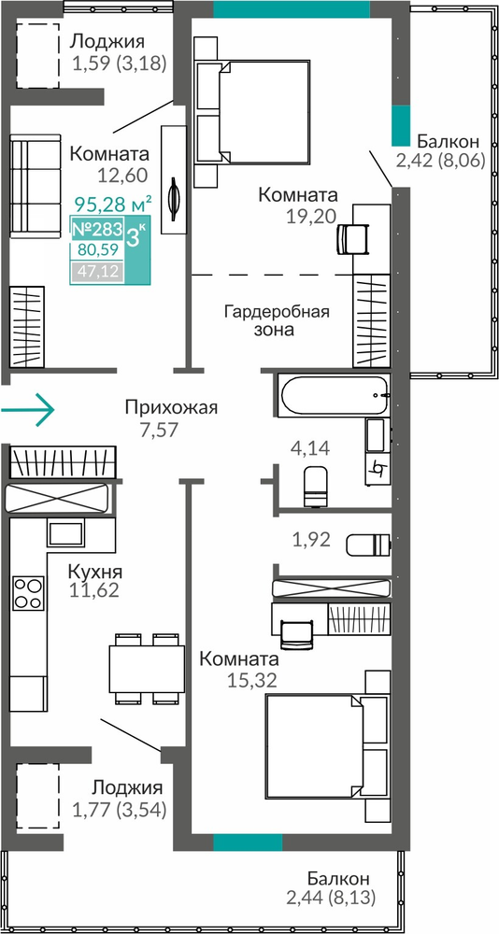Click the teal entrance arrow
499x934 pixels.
pos(27,409)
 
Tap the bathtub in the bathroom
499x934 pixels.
pos(334,395)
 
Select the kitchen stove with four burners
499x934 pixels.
pos(29,593)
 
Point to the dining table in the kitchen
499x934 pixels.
pos(147,669)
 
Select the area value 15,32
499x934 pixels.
pos(251,680)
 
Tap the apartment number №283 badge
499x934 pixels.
pos(97,229)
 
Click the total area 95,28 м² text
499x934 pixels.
pos(113,205)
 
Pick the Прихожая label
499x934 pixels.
pos(172,407)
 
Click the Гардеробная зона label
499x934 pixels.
pos(277,320)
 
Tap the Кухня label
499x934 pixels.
pos(94,573)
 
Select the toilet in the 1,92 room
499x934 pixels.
pos(368,544)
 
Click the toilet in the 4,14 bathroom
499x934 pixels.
pos(316,486)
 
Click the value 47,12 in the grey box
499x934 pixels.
pos(97,273)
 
